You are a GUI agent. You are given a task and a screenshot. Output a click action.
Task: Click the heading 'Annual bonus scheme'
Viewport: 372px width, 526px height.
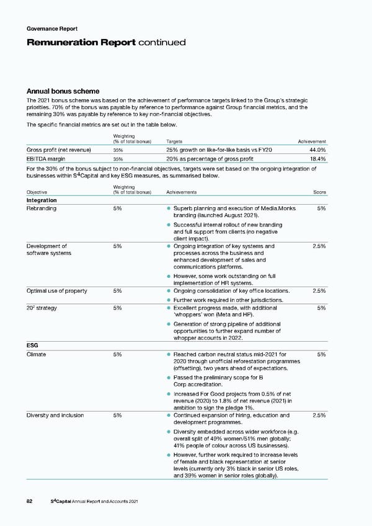63,91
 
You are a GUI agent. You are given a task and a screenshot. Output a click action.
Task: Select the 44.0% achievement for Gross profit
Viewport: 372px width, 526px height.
317,149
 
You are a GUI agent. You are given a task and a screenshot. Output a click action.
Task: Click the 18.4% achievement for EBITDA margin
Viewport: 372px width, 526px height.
317,159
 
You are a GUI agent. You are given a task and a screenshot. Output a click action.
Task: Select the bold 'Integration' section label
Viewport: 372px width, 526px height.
42,200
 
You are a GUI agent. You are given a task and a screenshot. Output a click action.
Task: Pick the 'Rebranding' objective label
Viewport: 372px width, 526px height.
42,208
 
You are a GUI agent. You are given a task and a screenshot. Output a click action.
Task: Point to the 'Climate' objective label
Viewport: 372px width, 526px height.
37,354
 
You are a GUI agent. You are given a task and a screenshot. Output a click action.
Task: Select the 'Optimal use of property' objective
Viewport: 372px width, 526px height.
56,291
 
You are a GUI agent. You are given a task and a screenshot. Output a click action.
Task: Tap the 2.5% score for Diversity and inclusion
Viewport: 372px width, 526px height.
318,415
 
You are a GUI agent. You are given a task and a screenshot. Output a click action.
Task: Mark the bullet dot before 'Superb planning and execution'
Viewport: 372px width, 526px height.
169,208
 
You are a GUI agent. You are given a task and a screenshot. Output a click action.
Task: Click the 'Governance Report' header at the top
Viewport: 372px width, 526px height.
52,29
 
